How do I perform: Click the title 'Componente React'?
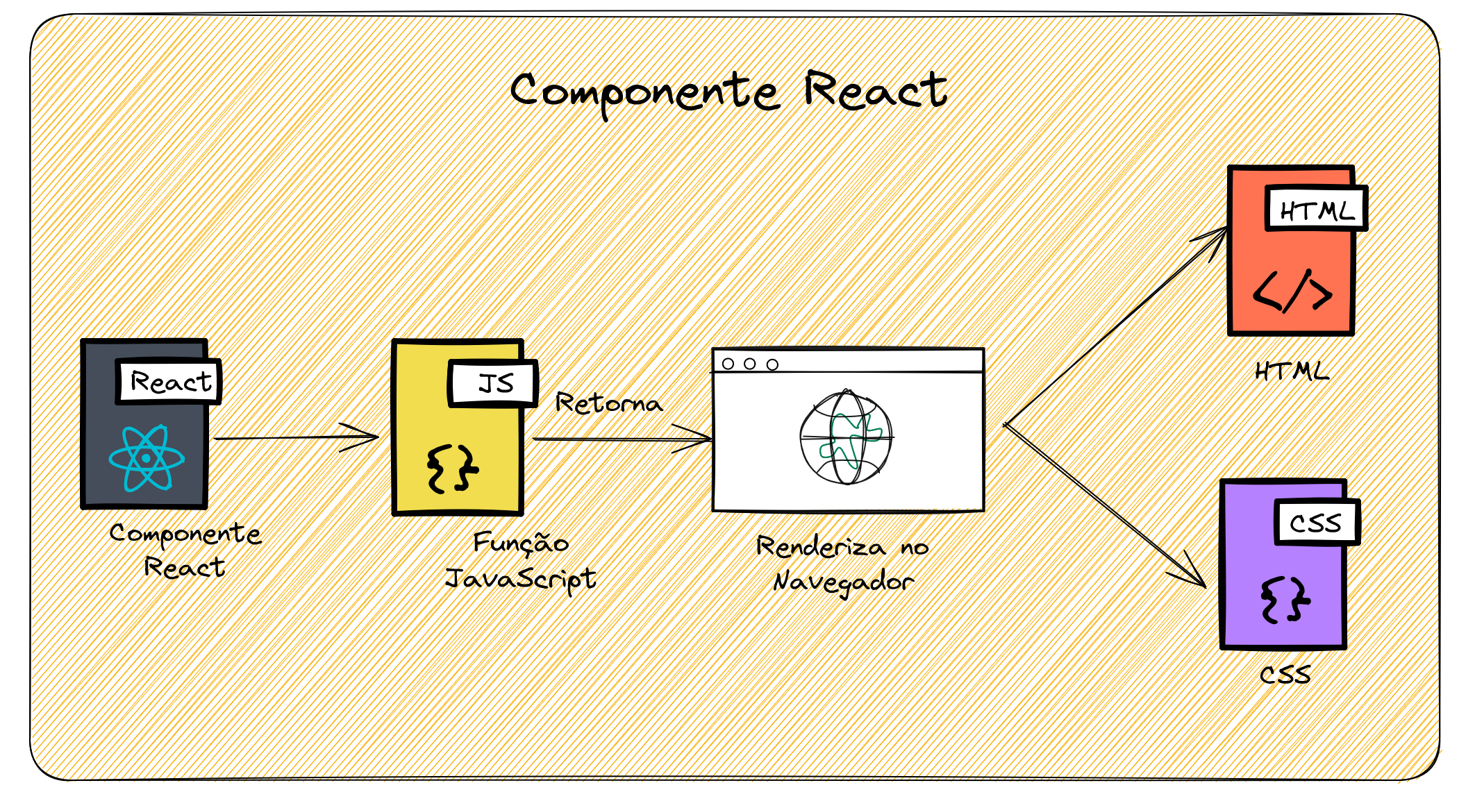(728, 92)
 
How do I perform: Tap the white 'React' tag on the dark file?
(169, 381)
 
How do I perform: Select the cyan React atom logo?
(147, 458)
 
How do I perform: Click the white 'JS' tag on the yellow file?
(494, 383)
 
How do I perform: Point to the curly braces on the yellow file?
(452, 469)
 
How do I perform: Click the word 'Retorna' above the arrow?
(608, 403)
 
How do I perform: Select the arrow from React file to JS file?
(297, 438)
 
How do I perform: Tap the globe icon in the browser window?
(846, 437)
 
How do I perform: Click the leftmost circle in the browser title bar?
(728, 364)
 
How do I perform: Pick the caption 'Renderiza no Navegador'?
(842, 564)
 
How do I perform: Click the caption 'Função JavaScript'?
(520, 561)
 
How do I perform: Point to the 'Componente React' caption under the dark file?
(185, 550)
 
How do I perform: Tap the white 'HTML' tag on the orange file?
(1316, 209)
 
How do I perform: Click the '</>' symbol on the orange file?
(1292, 291)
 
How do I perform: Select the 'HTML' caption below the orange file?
(1292, 371)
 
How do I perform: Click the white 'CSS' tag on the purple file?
(1316, 522)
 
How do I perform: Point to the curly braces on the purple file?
(1285, 600)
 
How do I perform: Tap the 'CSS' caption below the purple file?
(1285, 674)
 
